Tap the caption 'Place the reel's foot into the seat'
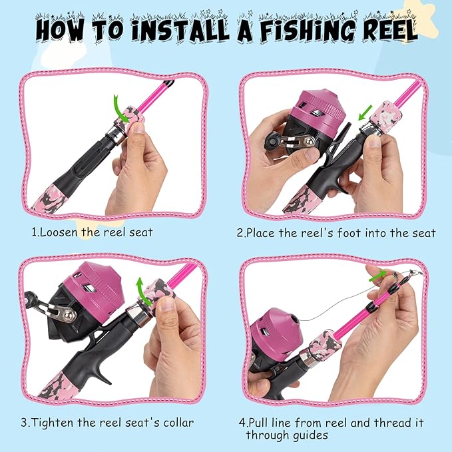pyautogui.click(x=336, y=233)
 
